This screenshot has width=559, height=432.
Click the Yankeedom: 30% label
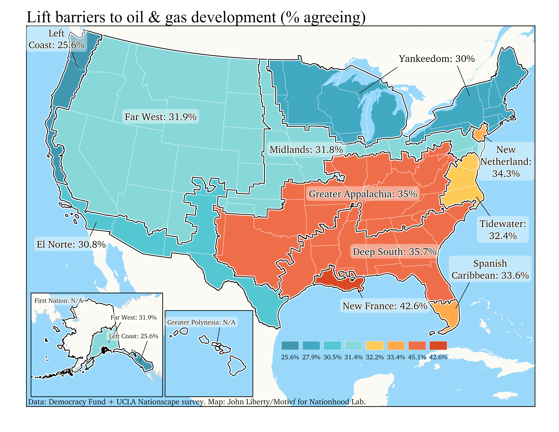pos(437,59)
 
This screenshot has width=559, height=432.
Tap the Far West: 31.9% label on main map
pos(160,117)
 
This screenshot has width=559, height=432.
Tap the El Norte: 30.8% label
pos(71,244)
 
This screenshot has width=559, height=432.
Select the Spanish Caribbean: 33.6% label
pos(490,269)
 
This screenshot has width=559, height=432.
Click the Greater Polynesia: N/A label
pos(201,322)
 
